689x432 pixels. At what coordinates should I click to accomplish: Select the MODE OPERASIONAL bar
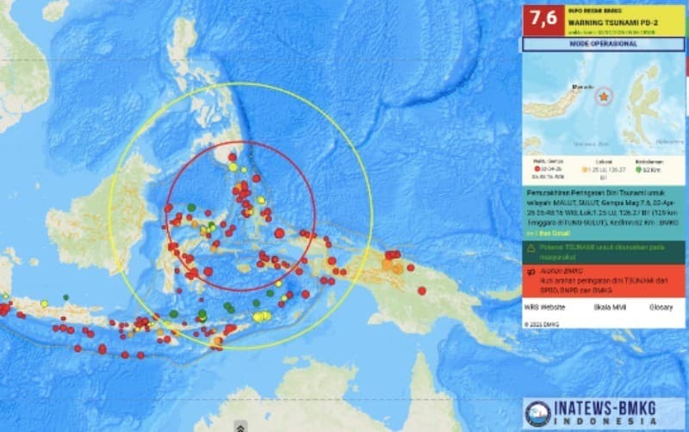click(603, 44)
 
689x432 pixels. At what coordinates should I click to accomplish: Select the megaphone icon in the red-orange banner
click(531, 271)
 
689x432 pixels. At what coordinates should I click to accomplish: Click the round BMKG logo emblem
click(538, 413)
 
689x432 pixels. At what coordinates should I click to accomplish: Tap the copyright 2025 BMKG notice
click(542, 323)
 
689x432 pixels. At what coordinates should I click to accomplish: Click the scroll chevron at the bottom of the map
click(240, 426)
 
